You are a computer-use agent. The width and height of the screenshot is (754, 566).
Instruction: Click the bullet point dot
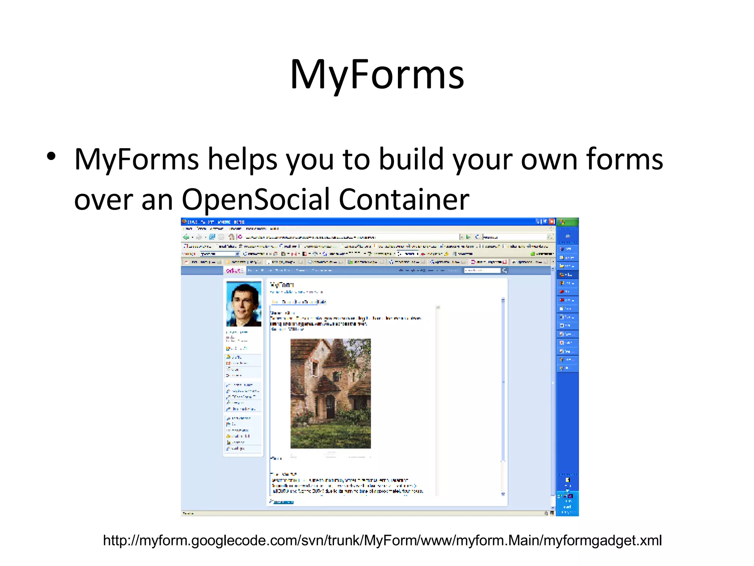pyautogui.click(x=51, y=156)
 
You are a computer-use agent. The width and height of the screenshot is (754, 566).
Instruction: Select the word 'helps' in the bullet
pyautogui.click(x=242, y=159)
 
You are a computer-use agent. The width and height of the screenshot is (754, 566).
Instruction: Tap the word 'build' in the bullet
pyautogui.click(x=411, y=159)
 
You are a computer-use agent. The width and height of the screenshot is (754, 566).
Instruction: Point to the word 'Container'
pyautogui.click(x=404, y=199)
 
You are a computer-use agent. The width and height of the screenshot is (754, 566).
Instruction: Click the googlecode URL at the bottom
pyautogui.click(x=382, y=541)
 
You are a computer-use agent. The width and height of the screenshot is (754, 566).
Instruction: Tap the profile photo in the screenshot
pyautogui.click(x=244, y=304)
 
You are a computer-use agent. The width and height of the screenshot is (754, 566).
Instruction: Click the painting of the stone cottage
pyautogui.click(x=330, y=393)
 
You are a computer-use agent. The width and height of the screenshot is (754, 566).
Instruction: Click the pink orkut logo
pyautogui.click(x=235, y=271)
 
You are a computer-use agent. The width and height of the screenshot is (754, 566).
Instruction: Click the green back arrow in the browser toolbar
pyautogui.click(x=186, y=237)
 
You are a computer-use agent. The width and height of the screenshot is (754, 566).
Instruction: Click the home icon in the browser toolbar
pyautogui.click(x=231, y=237)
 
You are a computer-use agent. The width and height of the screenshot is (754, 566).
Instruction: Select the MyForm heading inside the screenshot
pyautogui.click(x=282, y=285)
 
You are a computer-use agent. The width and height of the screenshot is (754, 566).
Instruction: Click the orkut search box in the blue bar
pyautogui.click(x=482, y=270)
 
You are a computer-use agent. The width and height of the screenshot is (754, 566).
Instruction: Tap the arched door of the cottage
pyautogui.click(x=330, y=407)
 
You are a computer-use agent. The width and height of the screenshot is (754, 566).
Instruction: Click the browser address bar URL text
pyautogui.click(x=309, y=237)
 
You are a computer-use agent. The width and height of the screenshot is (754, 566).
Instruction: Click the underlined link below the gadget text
pyautogui.click(x=283, y=502)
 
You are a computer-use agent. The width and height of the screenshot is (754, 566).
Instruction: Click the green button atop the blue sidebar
pyautogui.click(x=567, y=222)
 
